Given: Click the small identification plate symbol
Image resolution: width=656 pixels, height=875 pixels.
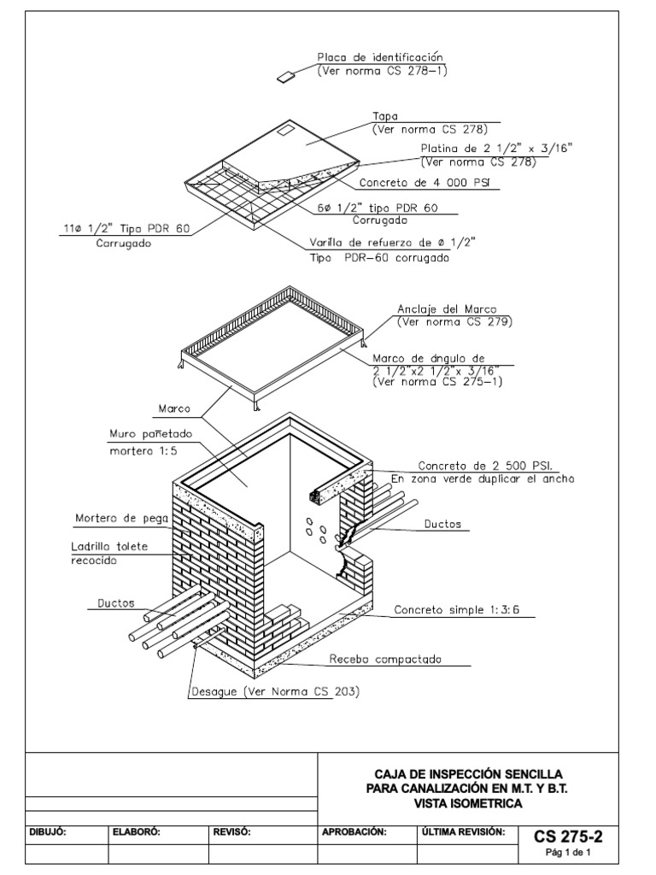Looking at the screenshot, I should (x=285, y=77).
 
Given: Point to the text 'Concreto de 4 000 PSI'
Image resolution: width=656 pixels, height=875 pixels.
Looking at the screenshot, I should (x=416, y=183).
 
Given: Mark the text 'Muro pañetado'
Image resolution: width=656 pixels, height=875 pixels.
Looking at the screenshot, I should (x=149, y=433).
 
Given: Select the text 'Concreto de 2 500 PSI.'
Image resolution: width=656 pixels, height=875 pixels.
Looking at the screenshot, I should (x=484, y=467).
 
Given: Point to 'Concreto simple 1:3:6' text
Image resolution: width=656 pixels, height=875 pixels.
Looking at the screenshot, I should (x=458, y=611).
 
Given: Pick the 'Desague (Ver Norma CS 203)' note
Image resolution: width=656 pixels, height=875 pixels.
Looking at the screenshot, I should (x=274, y=690).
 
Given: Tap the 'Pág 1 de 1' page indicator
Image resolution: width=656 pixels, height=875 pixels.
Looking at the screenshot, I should (x=568, y=853).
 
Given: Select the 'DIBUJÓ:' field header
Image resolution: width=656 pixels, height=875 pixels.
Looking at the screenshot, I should (x=49, y=831).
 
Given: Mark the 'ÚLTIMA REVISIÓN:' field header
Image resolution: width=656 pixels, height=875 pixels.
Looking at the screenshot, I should (x=464, y=831).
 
